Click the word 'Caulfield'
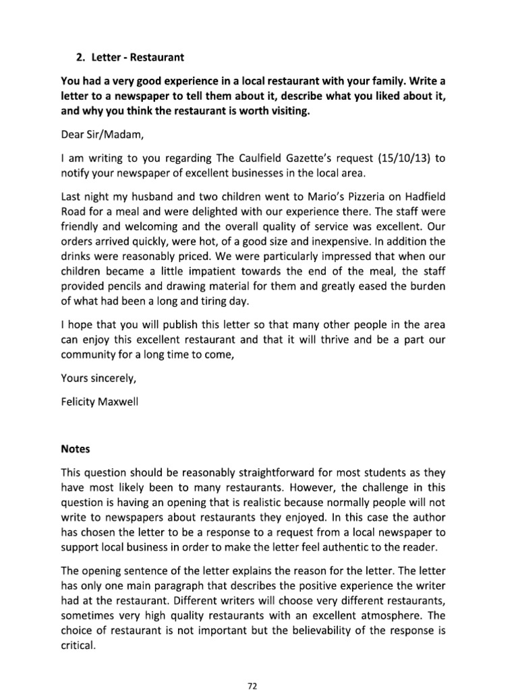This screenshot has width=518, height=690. click(238, 159)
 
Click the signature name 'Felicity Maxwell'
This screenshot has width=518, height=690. click(100, 406)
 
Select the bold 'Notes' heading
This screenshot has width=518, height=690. click(75, 448)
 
